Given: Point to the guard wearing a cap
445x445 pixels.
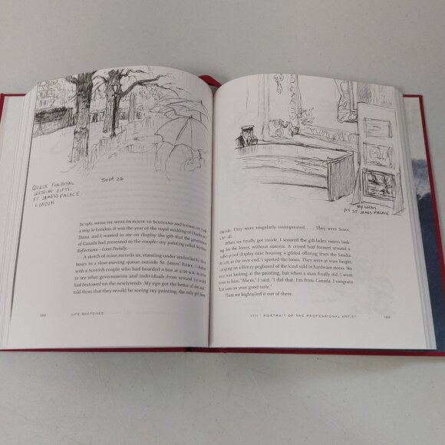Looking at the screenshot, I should (246, 136).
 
